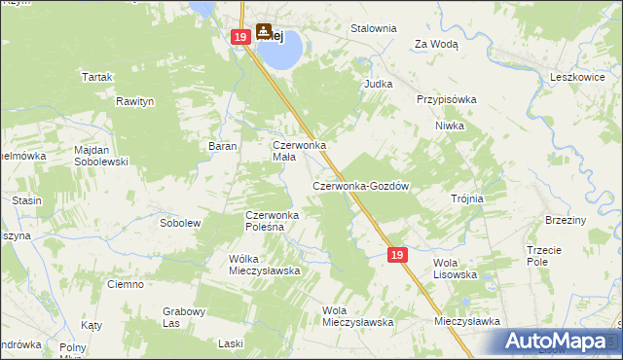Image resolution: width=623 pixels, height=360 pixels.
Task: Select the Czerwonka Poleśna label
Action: pyautogui.click(x=277, y=221)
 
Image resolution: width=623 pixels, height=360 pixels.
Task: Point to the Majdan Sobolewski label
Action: pyautogui.click(x=102, y=156)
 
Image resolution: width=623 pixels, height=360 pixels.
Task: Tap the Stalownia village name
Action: pyautogui.click(x=374, y=29)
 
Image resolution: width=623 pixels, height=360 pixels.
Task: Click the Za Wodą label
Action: pyautogui.click(x=436, y=44)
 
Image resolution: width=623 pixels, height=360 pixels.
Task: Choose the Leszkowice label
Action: pyautogui.click(x=578, y=76)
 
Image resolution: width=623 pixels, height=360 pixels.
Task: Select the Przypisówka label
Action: pyautogui.click(x=446, y=99)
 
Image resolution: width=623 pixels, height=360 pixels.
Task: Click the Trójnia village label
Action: pyautogui.click(x=467, y=198)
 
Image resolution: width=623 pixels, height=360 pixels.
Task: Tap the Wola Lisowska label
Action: pyautogui.click(x=455, y=269)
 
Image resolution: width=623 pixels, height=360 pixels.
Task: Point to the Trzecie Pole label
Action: pyautogui.click(x=544, y=255)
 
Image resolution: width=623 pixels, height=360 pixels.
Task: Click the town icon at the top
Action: pyautogui.click(x=264, y=32)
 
